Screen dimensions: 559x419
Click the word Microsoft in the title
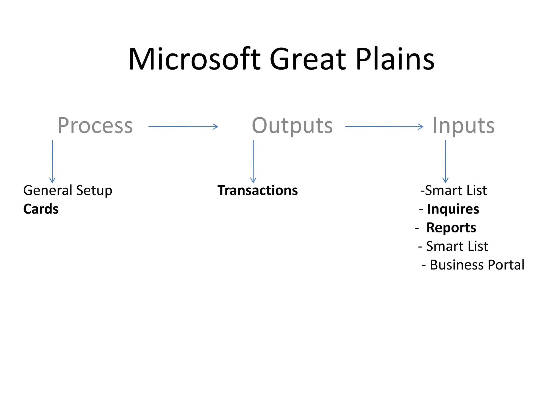pos(194,59)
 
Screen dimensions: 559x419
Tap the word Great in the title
pos(308,59)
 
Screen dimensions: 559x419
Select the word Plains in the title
pos(395,59)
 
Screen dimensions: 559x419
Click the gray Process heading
pos(95,126)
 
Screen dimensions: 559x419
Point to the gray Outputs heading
pos(292,126)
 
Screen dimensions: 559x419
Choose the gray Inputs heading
pos(463,126)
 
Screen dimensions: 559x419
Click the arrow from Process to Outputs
pos(183,127)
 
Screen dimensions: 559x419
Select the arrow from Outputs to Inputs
pos(384,127)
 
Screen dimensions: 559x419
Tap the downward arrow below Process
pos(52,161)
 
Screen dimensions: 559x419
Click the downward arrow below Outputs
pos(253,161)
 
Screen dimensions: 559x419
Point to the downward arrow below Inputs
pos(445,161)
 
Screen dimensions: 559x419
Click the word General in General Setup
pos(48,190)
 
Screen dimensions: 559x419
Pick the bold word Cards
pos(41,209)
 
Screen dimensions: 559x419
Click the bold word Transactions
pos(257,190)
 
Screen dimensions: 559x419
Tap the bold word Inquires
pos(453,209)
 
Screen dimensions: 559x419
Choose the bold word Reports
pos(451,228)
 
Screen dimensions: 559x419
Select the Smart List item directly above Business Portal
pos(457,246)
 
